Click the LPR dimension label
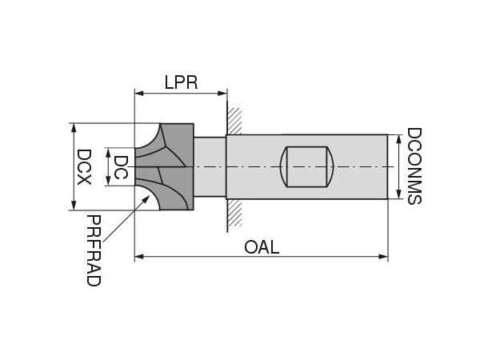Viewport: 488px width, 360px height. (x=181, y=82)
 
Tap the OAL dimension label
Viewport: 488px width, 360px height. (x=262, y=247)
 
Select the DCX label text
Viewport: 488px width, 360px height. (x=83, y=167)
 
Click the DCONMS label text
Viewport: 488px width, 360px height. (x=414, y=166)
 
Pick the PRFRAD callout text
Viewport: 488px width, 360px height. (x=94, y=250)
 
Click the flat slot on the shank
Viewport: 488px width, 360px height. (x=308, y=166)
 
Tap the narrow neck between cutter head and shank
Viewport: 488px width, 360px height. (x=210, y=167)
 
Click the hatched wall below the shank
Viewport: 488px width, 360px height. (x=234, y=212)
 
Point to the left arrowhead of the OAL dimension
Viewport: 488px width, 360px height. (x=138, y=257)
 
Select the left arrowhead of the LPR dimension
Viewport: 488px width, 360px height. (x=138, y=94)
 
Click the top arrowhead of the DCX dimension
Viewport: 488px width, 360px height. (x=73, y=127)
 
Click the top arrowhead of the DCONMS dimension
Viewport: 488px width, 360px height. (x=398, y=138)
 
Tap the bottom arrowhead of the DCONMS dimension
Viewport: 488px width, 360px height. (x=398, y=195)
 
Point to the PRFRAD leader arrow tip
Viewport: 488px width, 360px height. (x=148, y=197)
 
